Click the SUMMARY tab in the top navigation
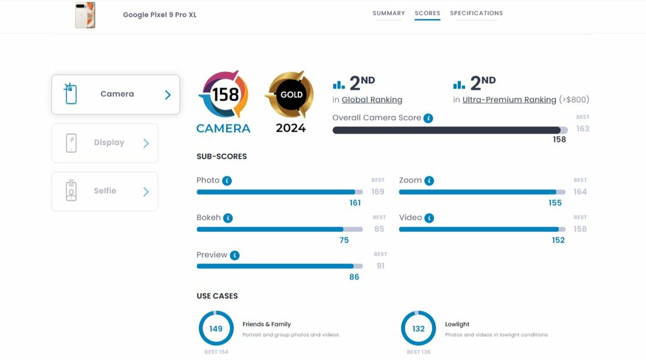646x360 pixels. [389, 13]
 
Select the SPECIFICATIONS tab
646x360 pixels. [476, 13]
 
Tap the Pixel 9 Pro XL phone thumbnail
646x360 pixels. [85, 15]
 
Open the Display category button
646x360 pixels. [105, 143]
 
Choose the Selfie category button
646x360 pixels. [105, 191]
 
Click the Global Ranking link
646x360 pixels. [372, 100]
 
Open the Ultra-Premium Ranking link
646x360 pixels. [509, 100]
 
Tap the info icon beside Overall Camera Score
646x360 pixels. [428, 118]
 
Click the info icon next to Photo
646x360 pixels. [227, 180]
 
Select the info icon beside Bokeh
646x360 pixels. [228, 218]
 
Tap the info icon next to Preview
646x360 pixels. [235, 255]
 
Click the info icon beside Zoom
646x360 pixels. [429, 180]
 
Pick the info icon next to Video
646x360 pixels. [429, 218]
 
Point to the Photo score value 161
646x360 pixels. [355, 203]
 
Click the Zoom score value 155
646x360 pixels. [555, 203]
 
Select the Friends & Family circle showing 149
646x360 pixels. [216, 328]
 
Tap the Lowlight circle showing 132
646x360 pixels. [418, 328]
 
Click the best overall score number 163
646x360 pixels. [582, 129]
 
